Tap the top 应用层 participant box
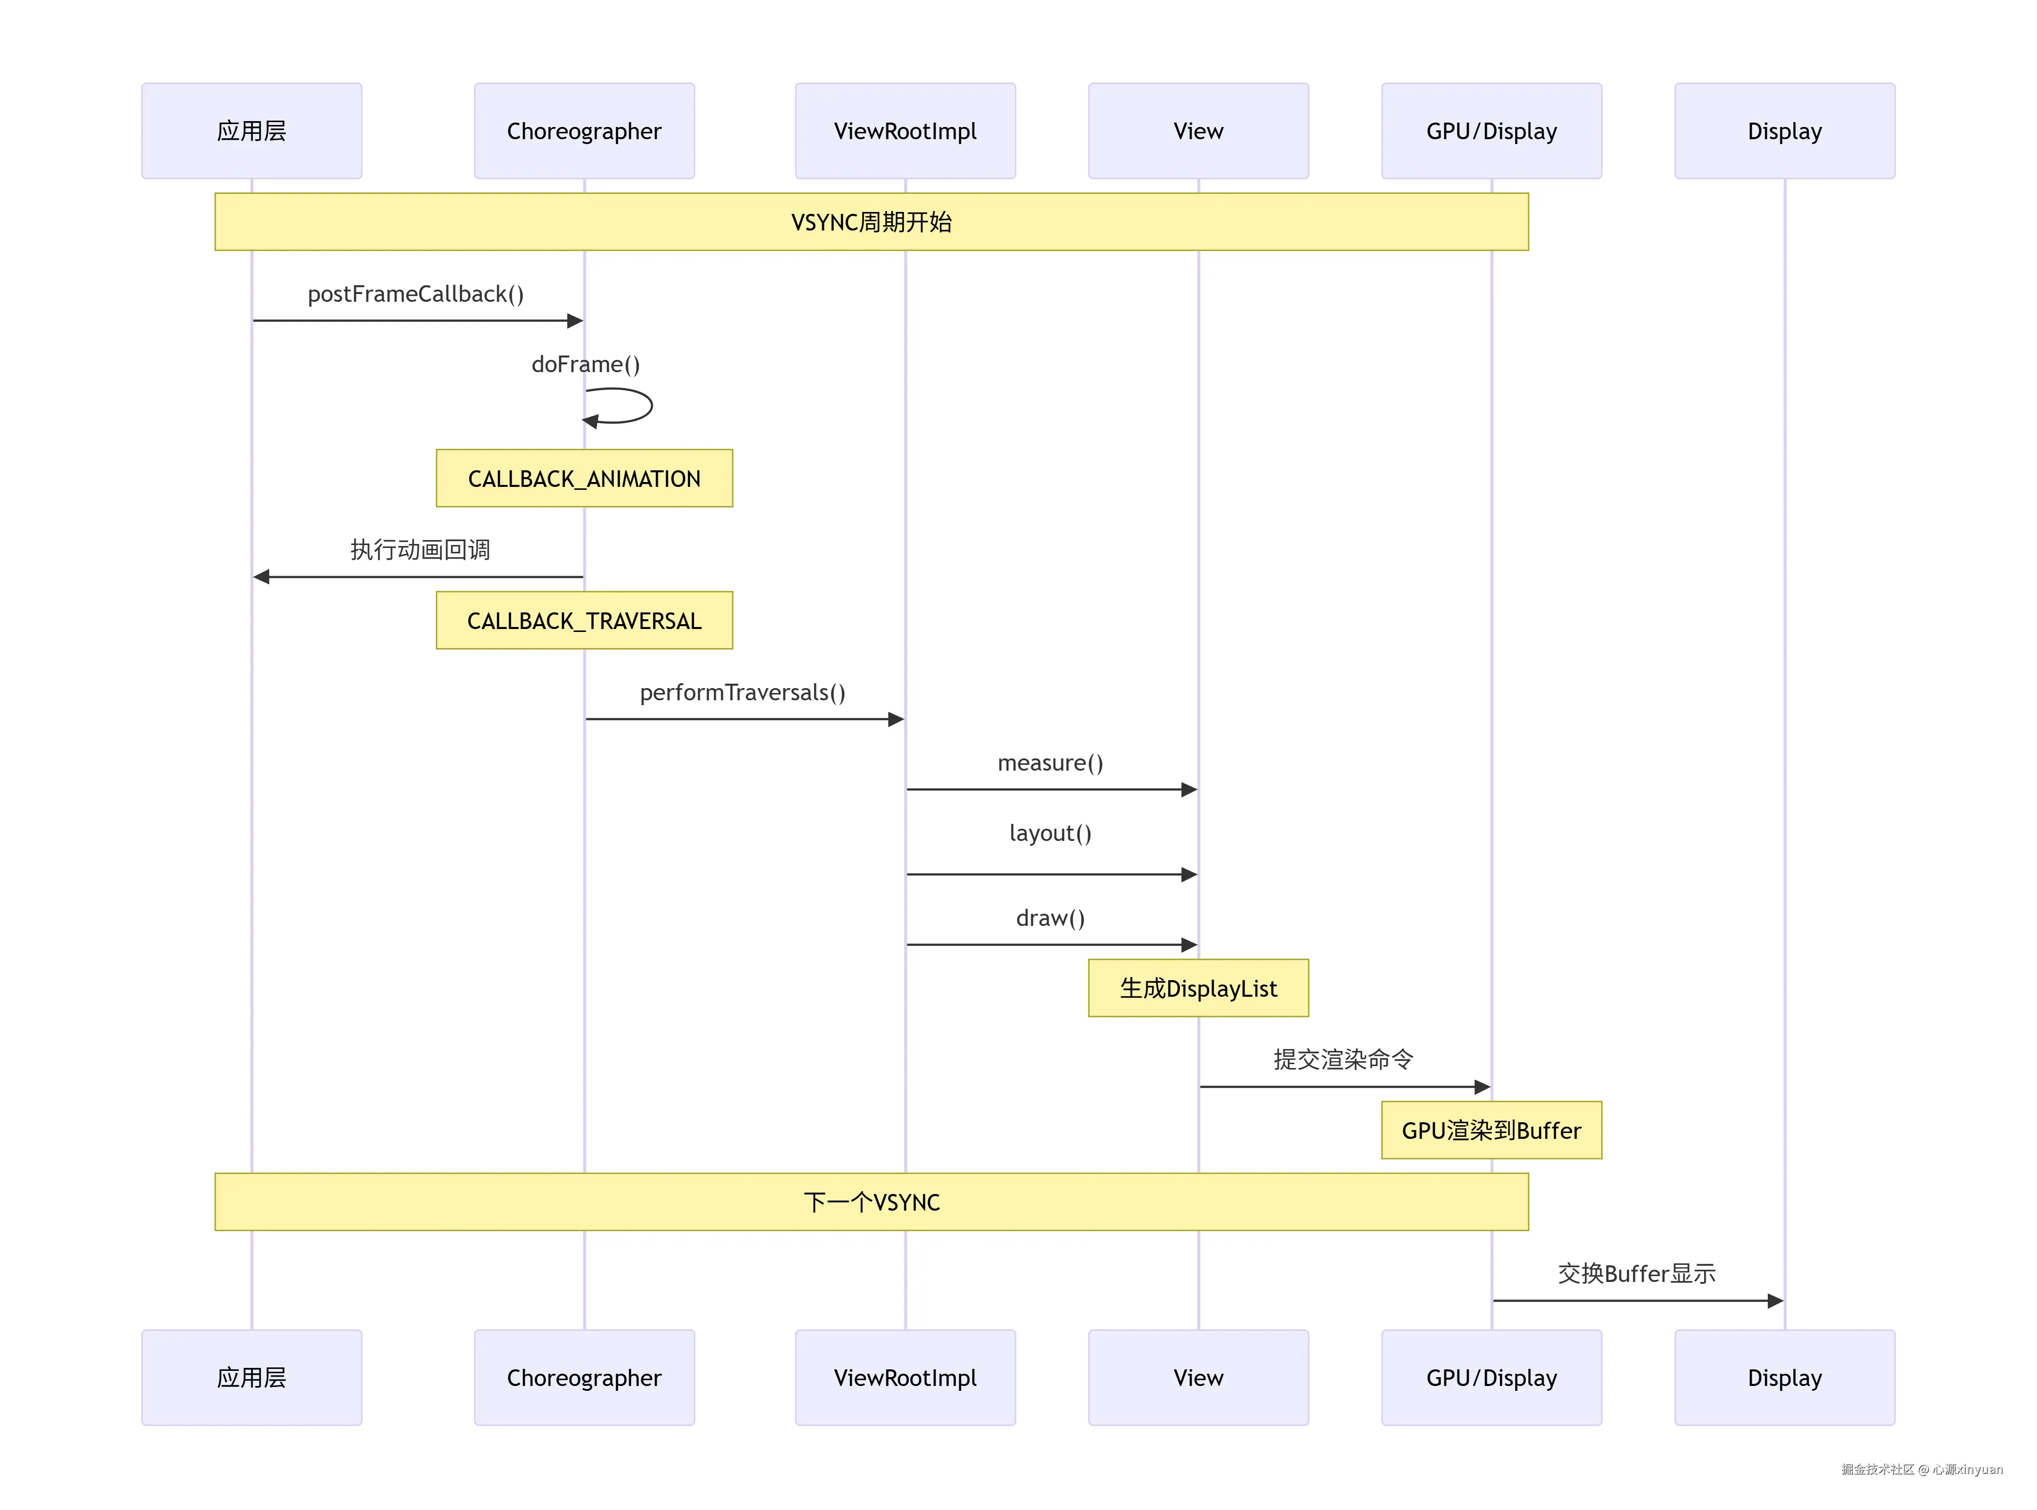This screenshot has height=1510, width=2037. pos(252,131)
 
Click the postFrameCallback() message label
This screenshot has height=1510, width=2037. pos(415,294)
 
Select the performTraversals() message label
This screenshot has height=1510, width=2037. pos(742,692)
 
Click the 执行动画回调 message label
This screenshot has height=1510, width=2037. pos(420,549)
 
